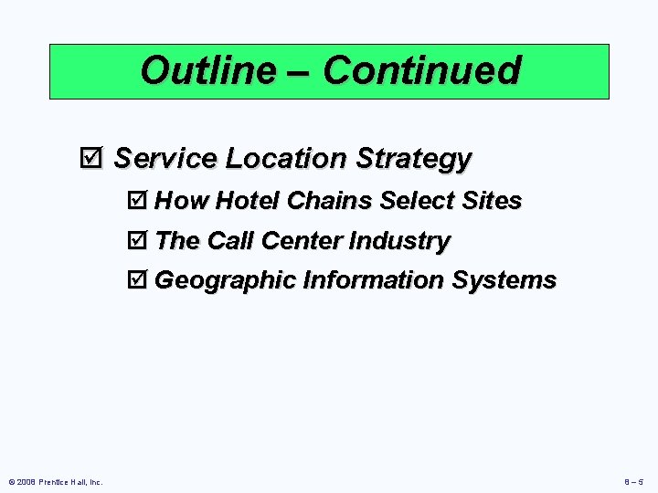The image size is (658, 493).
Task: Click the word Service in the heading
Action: (x=165, y=158)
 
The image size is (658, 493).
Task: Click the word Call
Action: (x=230, y=241)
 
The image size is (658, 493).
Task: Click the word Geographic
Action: (x=226, y=280)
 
